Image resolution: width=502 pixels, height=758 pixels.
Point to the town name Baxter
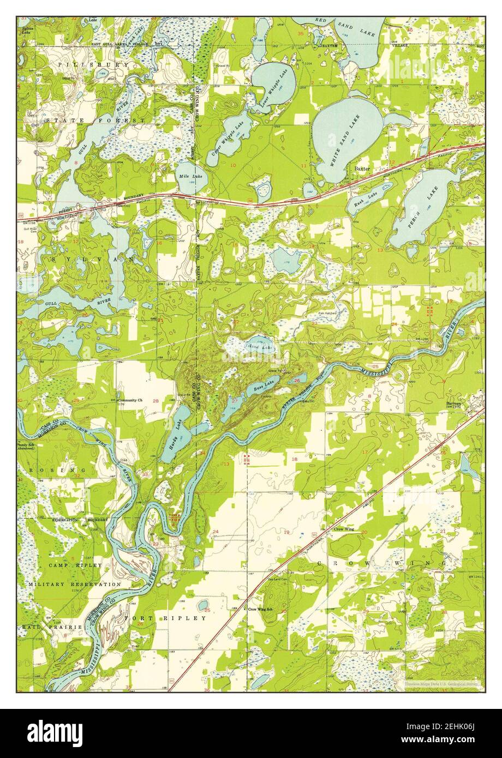362,169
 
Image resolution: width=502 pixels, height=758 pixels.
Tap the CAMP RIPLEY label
75,566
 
